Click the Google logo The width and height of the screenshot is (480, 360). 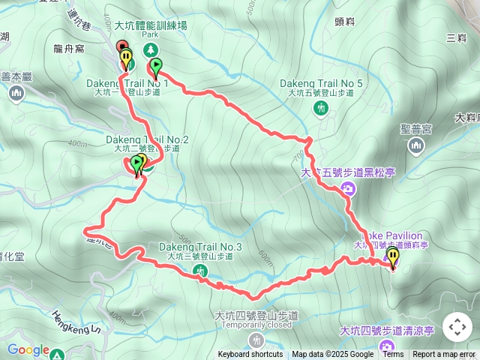(28, 349)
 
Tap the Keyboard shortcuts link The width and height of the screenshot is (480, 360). (250, 355)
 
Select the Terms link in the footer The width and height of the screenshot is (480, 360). (393, 355)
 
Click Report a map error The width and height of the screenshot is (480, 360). (445, 355)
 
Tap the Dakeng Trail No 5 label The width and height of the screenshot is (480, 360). (321, 83)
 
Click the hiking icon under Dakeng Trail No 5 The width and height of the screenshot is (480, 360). (321, 108)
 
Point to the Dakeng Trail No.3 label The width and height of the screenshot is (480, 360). (200, 247)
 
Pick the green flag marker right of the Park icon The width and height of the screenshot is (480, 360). (157, 67)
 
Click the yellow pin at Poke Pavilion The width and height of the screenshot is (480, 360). (392, 257)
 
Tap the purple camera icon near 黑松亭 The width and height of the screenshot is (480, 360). (348, 189)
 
